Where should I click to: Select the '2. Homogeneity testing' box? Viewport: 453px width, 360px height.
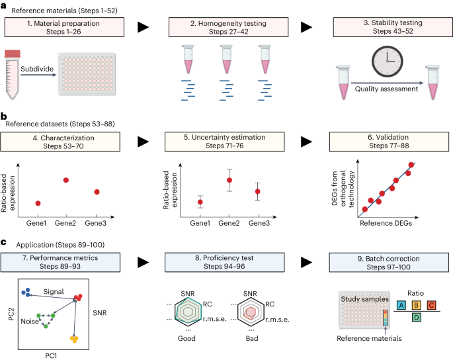(x=226, y=27)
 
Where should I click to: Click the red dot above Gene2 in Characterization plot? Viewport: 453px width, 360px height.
(x=66, y=180)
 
